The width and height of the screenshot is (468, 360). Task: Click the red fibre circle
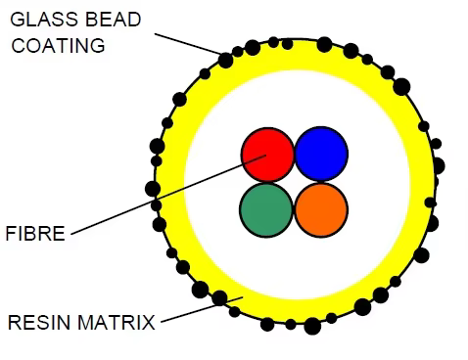[x=267, y=155]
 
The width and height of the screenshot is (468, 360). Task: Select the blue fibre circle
[x=321, y=154]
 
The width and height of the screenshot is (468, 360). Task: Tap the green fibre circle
[x=266, y=209]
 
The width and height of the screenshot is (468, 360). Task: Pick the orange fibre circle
[x=321, y=209]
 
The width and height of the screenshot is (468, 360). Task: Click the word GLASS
[x=44, y=20]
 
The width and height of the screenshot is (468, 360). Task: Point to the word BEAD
[x=114, y=20]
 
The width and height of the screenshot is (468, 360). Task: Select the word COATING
[x=58, y=45]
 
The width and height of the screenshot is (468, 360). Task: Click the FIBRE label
[x=35, y=234]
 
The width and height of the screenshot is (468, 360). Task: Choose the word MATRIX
[x=117, y=323]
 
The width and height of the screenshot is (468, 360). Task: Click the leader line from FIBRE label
[x=168, y=195]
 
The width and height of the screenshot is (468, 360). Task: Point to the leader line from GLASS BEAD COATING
[x=188, y=44]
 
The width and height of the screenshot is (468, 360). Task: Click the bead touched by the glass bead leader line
[x=225, y=61]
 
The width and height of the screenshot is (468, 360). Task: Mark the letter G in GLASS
[x=17, y=20]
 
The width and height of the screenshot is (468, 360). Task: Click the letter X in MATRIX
[x=148, y=323]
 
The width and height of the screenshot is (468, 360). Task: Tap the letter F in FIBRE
[x=11, y=234]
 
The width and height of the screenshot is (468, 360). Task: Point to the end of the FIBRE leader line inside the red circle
[x=266, y=155]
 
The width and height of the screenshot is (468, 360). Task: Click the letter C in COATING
[x=19, y=45]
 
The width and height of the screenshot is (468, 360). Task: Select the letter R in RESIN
[x=15, y=323]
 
